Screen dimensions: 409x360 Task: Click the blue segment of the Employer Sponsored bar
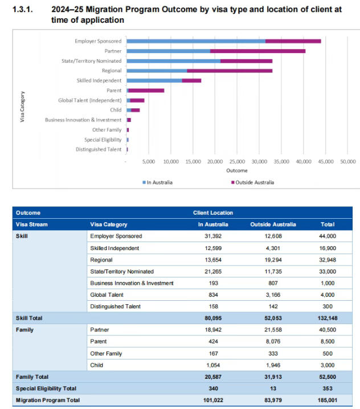coord(196,41)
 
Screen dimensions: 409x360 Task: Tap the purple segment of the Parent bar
coord(146,91)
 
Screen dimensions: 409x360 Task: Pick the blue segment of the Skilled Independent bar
coord(154,80)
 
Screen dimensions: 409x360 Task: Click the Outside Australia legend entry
coord(253,182)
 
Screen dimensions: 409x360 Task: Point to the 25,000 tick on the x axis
coord(238,161)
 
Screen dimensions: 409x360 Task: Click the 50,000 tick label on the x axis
coord(348,161)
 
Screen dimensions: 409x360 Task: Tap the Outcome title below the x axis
coord(237,170)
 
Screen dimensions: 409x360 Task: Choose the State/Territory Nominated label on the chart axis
coord(91,61)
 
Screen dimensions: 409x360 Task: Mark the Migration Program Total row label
coord(48,400)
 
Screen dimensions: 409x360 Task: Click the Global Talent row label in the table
coord(108,295)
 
